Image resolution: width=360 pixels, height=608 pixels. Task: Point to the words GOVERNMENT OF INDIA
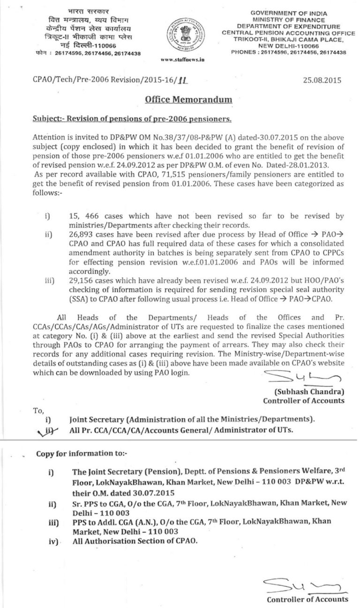[x=289, y=13]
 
